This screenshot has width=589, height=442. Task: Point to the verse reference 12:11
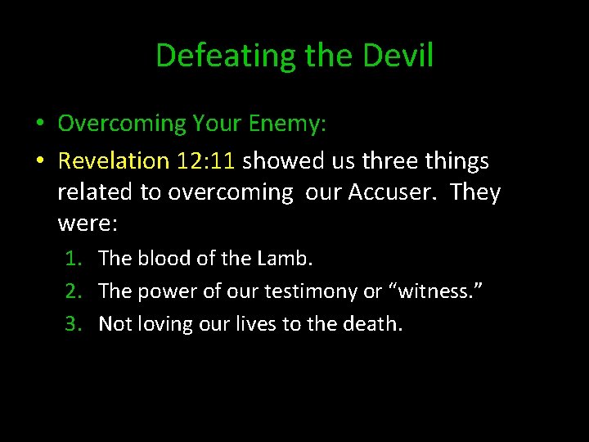pyautogui.click(x=205, y=161)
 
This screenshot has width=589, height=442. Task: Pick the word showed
pyautogui.click(x=278, y=161)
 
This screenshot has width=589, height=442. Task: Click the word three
pyautogui.click(x=393, y=161)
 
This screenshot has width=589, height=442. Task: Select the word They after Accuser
pyautogui.click(x=474, y=192)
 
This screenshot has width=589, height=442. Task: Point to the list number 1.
pyautogui.click(x=73, y=259)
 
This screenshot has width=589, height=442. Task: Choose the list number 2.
pyautogui.click(x=73, y=291)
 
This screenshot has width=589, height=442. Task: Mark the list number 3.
pyautogui.click(x=73, y=324)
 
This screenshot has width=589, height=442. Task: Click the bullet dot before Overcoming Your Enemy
pyautogui.click(x=39, y=124)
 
